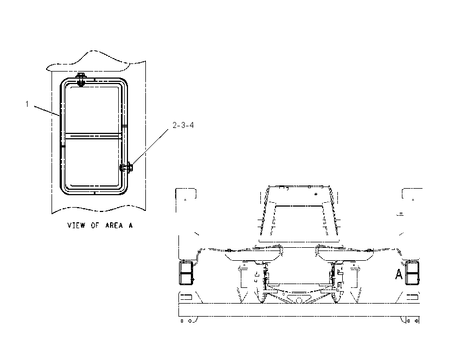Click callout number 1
point(27,104)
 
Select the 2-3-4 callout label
point(183,125)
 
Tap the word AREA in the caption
point(114,226)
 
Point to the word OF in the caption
point(95,226)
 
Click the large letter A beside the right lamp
point(399,274)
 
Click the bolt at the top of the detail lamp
point(80,79)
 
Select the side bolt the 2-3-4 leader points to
point(126,168)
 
